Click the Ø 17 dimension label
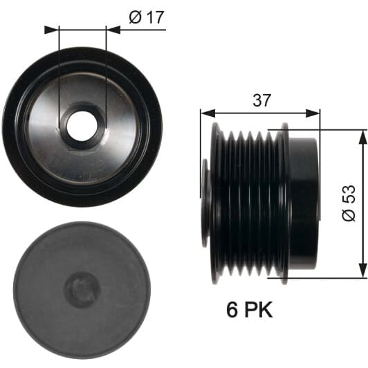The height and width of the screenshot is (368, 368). coord(146,17)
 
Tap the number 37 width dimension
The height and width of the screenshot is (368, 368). coord(262,100)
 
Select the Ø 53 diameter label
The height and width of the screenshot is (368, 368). coord(349,203)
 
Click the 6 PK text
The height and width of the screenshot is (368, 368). coord(250,310)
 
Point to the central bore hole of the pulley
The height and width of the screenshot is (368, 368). coord(82,126)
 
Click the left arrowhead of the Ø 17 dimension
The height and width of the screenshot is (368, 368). coord(51,30)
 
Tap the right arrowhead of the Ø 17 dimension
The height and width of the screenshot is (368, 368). coord(113,30)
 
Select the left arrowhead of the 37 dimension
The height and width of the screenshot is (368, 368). coord(208,113)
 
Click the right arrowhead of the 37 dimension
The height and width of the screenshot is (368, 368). coord(313,113)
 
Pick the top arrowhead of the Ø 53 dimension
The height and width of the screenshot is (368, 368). coord(363,137)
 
